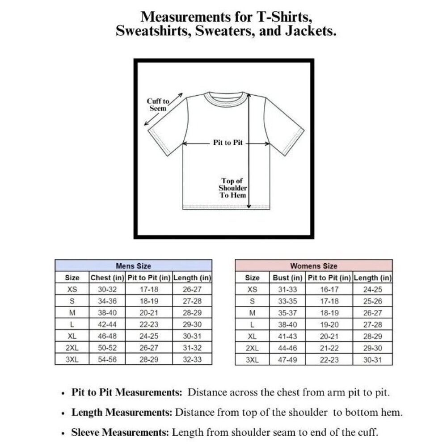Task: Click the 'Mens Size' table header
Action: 133,266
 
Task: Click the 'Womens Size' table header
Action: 314,266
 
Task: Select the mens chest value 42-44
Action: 107,324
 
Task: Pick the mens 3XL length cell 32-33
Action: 192,359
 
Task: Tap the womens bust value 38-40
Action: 288,324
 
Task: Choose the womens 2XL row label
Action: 252,347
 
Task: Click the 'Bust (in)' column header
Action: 288,278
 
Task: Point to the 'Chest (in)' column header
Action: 107,278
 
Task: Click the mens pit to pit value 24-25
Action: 149,336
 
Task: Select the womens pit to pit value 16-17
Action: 329,289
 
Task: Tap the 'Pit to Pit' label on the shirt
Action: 228,143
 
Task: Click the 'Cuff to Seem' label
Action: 158,105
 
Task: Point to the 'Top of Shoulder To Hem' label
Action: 232,188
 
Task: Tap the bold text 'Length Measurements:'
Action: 122,413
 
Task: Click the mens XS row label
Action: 72,289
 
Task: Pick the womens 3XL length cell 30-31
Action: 373,359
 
